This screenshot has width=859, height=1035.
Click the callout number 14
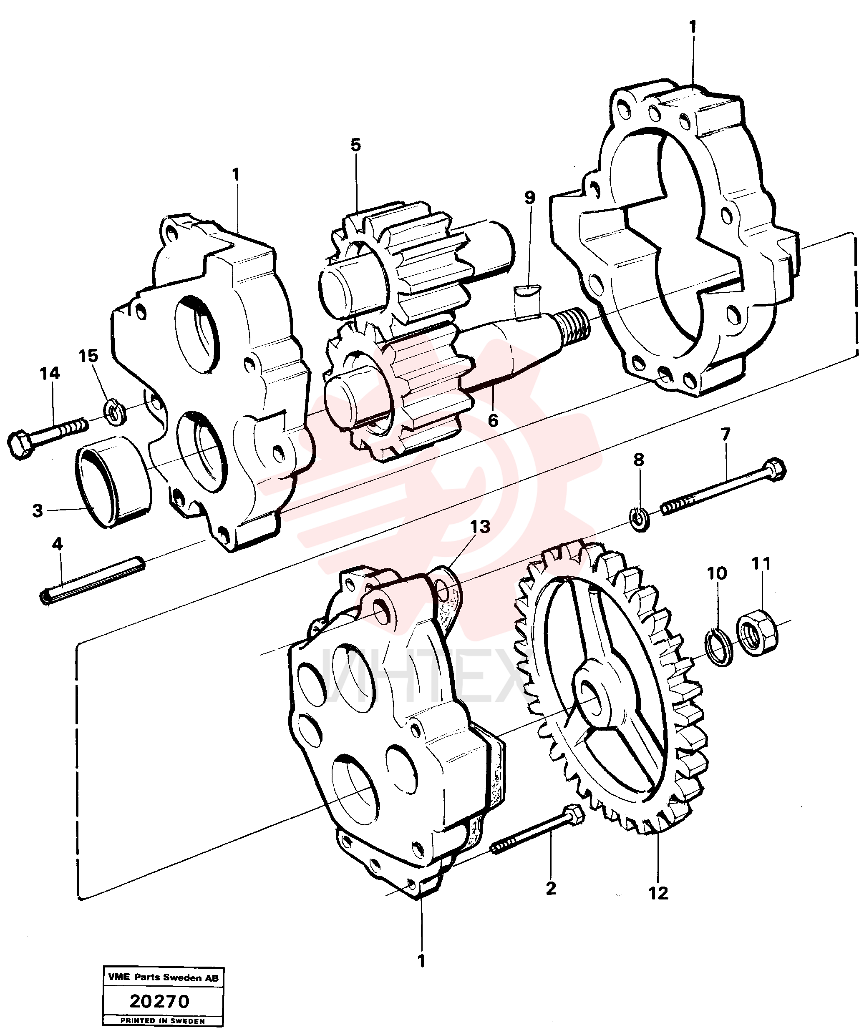tap(50, 374)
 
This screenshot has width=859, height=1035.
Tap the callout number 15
tap(89, 356)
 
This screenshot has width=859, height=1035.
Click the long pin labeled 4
tap(92, 579)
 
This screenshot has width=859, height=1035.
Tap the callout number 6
tap(493, 420)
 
